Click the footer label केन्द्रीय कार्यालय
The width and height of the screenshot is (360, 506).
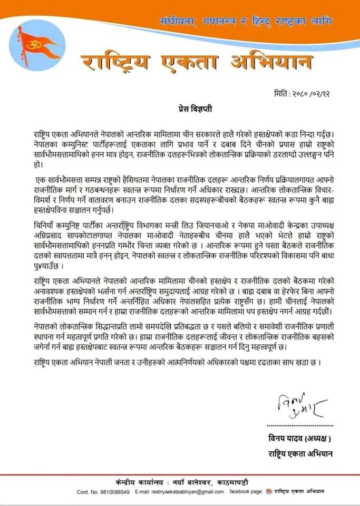pyautogui.click(x=140, y=482)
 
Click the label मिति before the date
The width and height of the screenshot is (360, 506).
pyautogui.click(x=282, y=93)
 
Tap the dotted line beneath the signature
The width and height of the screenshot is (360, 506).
pyautogui.click(x=300, y=426)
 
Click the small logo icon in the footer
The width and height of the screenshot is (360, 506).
pyautogui.click(x=270, y=492)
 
